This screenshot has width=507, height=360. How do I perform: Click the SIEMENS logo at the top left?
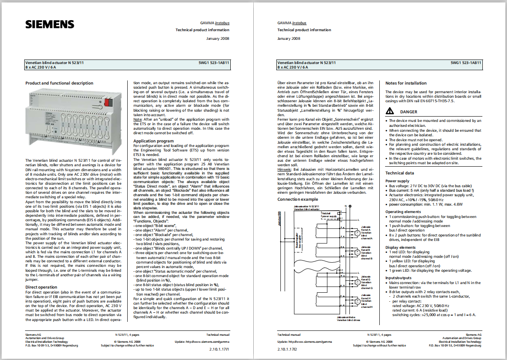(x=50, y=24)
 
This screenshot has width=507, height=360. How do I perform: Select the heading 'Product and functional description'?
(x=59, y=83)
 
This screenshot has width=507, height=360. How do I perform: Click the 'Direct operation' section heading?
(x=41, y=287)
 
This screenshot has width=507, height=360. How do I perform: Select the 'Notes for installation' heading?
(x=406, y=83)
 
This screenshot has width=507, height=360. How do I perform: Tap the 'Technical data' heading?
(x=399, y=173)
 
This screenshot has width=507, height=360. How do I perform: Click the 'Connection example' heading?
(x=298, y=199)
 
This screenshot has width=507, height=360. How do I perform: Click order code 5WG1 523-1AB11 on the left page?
(x=213, y=63)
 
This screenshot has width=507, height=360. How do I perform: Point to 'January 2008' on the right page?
(x=289, y=39)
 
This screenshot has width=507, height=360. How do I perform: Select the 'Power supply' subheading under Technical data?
(x=397, y=181)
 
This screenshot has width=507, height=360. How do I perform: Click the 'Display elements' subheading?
(x=400, y=248)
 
